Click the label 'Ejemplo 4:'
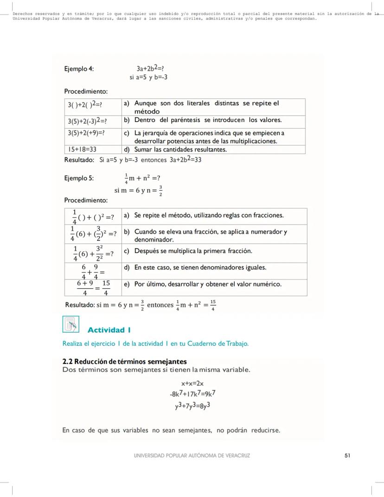coord(79,69)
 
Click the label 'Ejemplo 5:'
coord(79,178)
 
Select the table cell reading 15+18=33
coord(86,149)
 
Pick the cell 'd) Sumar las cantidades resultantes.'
coord(181,149)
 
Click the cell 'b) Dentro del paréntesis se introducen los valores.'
coord(208,120)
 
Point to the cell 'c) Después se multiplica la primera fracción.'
coord(193,251)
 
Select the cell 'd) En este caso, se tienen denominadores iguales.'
coord(200,267)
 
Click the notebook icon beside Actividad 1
coord(70,324)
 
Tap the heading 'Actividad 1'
coord(109,330)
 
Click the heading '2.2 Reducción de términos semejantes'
coord(124,361)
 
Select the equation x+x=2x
coord(192,383)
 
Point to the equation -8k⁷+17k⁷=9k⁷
coord(192,394)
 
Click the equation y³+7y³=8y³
coord(192,406)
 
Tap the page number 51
coord(347,455)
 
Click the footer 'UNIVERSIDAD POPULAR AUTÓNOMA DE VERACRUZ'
coord(192,455)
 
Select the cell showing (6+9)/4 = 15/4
coord(93,288)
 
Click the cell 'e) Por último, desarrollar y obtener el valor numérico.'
coord(208,284)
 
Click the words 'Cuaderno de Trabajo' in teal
coord(220,344)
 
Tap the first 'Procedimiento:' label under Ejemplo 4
coord(86,91)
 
